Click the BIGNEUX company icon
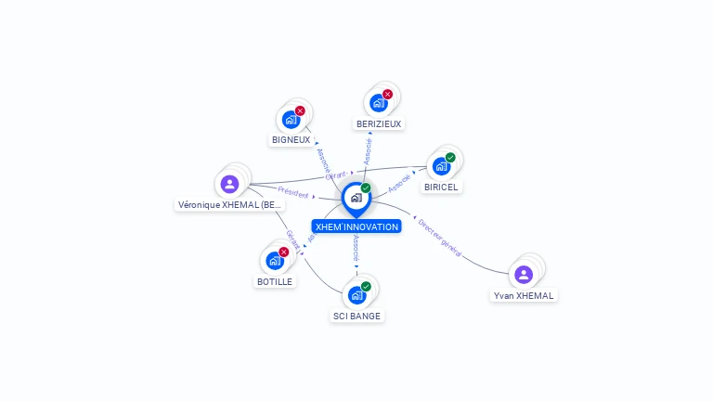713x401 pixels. (291, 119)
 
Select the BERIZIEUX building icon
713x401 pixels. (378, 102)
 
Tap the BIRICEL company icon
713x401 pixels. (441, 165)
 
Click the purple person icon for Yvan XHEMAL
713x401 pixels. (524, 274)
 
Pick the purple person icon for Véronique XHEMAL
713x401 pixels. (230, 184)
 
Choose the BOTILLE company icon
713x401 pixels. (275, 260)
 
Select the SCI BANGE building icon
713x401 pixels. (356, 295)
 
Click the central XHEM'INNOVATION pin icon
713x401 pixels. (356, 198)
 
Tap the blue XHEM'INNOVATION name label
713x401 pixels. (356, 226)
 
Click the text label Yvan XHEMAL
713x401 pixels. (524, 296)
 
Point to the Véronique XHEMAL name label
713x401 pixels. (230, 205)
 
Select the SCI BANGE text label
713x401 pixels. (356, 316)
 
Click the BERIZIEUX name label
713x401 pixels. (380, 123)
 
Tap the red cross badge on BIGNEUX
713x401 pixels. (300, 110)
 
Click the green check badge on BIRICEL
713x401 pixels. (450, 157)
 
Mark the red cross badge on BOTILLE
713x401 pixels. (284, 252)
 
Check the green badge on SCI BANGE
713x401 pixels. (366, 287)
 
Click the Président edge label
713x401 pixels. (293, 193)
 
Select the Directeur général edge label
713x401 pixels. (439, 237)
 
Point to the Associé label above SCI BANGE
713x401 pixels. (356, 248)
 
